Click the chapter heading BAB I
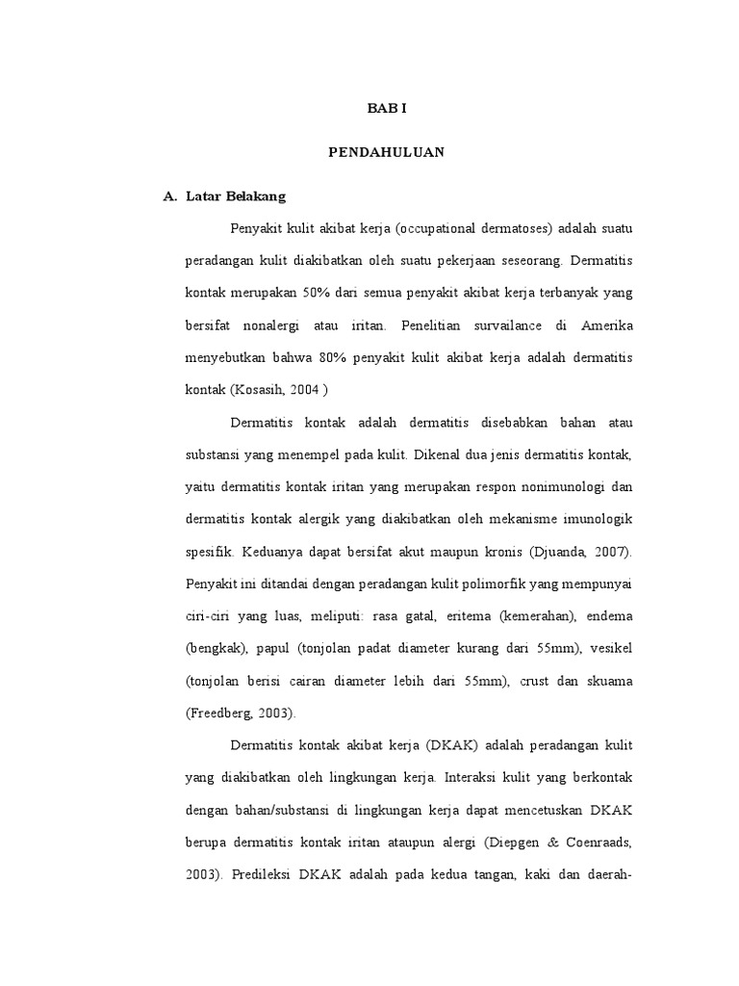pos(387,109)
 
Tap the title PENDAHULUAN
pos(387,152)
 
